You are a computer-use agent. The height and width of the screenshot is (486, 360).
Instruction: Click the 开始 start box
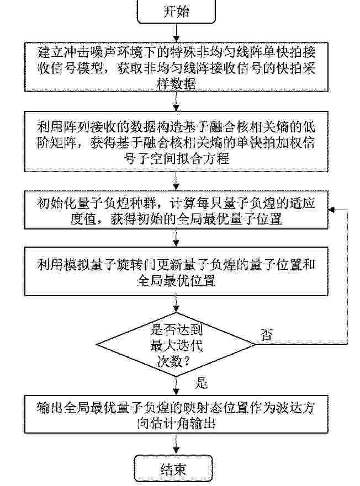point(176,12)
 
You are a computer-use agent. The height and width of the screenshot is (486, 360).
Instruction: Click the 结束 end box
point(173,468)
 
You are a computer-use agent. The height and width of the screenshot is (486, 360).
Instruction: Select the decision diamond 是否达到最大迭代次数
point(176,344)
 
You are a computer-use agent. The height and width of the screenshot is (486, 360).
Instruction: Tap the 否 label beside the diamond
point(267,334)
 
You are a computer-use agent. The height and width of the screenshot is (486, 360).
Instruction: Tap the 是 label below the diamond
point(201,383)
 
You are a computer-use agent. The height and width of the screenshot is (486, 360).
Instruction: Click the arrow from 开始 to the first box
point(176,33)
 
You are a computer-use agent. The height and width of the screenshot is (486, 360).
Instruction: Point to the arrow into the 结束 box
point(176,444)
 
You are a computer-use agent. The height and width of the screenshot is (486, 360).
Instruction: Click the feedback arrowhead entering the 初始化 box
point(331,210)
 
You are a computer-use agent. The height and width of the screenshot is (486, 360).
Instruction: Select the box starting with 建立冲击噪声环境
point(176,67)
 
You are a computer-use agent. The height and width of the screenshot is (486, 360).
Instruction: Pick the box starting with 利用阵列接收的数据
point(176,141)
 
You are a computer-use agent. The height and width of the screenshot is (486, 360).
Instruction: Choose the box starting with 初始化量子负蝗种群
point(176,210)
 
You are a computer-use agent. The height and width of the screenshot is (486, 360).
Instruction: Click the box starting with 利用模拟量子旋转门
point(176,271)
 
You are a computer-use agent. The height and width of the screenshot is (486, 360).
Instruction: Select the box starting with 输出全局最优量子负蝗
point(176,414)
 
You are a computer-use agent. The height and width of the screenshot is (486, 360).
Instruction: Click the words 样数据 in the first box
point(176,83)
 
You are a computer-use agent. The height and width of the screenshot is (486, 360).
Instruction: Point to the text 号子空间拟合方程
point(176,158)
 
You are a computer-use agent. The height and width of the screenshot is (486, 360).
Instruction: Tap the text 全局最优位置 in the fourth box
point(176,280)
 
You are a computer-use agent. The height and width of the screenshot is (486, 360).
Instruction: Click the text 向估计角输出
point(176,423)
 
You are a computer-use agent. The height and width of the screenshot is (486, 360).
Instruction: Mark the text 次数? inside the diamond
point(174,361)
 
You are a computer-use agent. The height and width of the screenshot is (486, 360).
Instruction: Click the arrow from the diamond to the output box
point(176,386)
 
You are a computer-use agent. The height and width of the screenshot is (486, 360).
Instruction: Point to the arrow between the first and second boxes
point(176,102)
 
